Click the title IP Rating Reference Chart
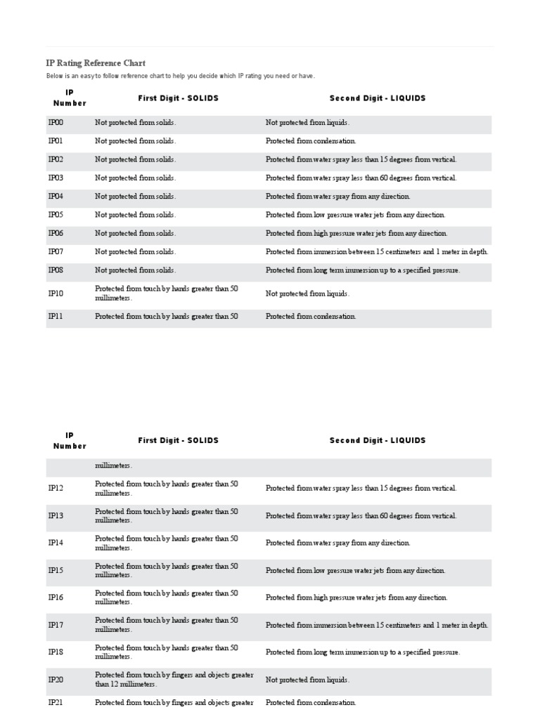[96, 63]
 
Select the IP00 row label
[56, 123]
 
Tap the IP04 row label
[56, 197]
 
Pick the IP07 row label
[56, 251]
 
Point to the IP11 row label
[56, 317]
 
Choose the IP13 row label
[56, 516]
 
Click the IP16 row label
[56, 598]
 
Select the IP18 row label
[56, 652]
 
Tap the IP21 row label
[56, 703]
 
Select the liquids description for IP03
[361, 178]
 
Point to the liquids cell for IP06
[356, 233]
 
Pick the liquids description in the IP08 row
[362, 270]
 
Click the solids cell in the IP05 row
[136, 215]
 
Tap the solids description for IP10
[166, 293]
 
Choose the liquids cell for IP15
[355, 571]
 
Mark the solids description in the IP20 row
[174, 679]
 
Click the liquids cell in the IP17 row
[376, 625]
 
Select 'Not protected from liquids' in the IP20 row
[307, 680]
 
